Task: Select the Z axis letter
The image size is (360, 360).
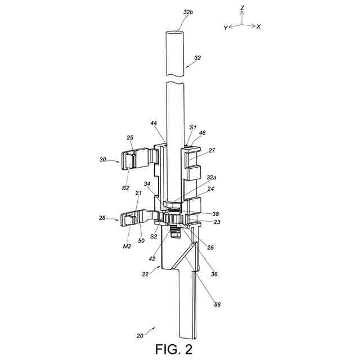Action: point(242,8)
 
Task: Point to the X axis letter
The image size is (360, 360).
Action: point(258,26)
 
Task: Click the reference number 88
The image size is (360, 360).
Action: point(217,304)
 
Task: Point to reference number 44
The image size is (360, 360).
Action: point(154,123)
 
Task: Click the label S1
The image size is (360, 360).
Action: point(193,128)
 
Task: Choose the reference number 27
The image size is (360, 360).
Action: point(212,150)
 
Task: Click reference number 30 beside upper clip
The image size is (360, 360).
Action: point(103,160)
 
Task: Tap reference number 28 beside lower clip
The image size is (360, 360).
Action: point(103,217)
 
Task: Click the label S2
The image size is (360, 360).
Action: point(153,237)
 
